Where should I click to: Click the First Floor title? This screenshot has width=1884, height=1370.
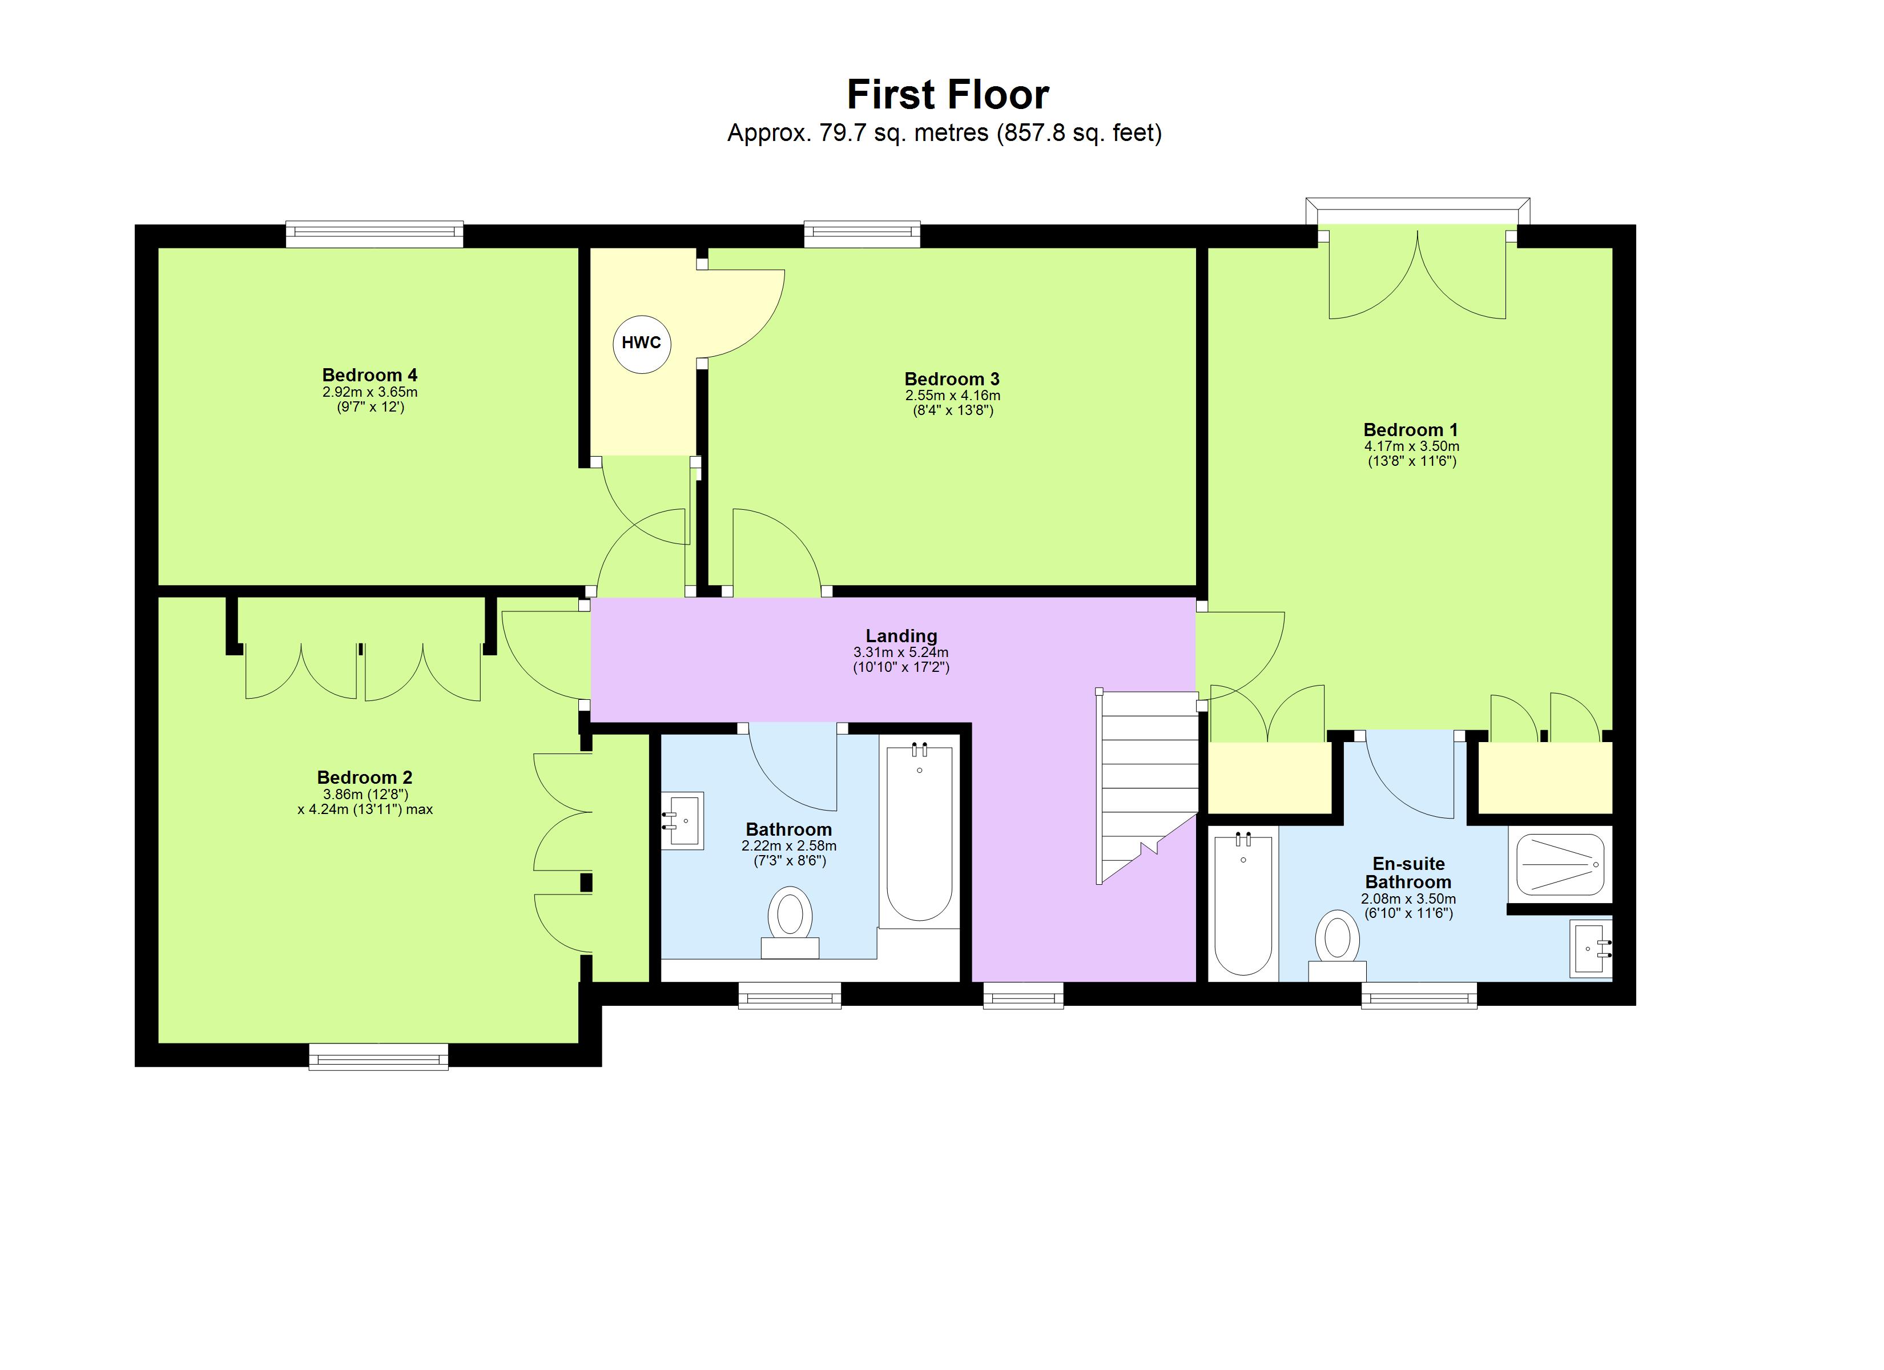tap(947, 95)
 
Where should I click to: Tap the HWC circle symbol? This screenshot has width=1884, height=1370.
tap(641, 343)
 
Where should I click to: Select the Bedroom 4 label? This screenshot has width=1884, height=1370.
tap(369, 374)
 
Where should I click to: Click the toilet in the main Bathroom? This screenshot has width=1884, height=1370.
tap(790, 922)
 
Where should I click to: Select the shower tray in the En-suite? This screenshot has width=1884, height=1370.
tap(1560, 865)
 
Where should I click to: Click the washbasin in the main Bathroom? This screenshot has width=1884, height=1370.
tap(683, 820)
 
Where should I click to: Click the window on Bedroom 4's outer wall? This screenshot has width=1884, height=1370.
tap(374, 234)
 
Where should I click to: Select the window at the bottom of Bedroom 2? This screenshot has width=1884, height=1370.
tap(378, 1057)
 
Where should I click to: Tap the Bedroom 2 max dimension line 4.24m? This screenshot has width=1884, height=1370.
tap(365, 809)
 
